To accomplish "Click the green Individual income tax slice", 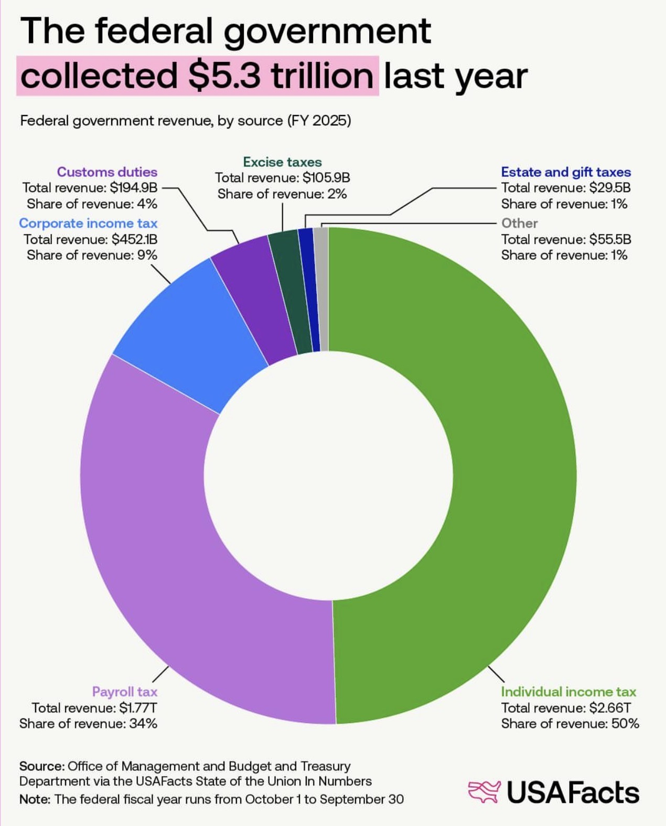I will pyautogui.click(x=514, y=472).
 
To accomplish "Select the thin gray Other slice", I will pyautogui.click(x=323, y=289).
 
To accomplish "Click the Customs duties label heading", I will pyautogui.click(x=107, y=172).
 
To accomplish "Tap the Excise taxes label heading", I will pyautogui.click(x=282, y=162).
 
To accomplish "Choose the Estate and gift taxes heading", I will pyautogui.click(x=566, y=172).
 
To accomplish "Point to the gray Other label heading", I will pyautogui.click(x=519, y=223).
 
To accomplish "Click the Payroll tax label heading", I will pyautogui.click(x=124, y=692).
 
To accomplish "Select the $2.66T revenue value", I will pyautogui.click(x=610, y=708).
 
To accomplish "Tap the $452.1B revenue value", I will pyautogui.click(x=134, y=239).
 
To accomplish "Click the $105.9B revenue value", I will pyautogui.click(x=326, y=178).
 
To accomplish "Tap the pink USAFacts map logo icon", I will pyautogui.click(x=484, y=792).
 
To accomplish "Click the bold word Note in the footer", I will pyautogui.click(x=34, y=799).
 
